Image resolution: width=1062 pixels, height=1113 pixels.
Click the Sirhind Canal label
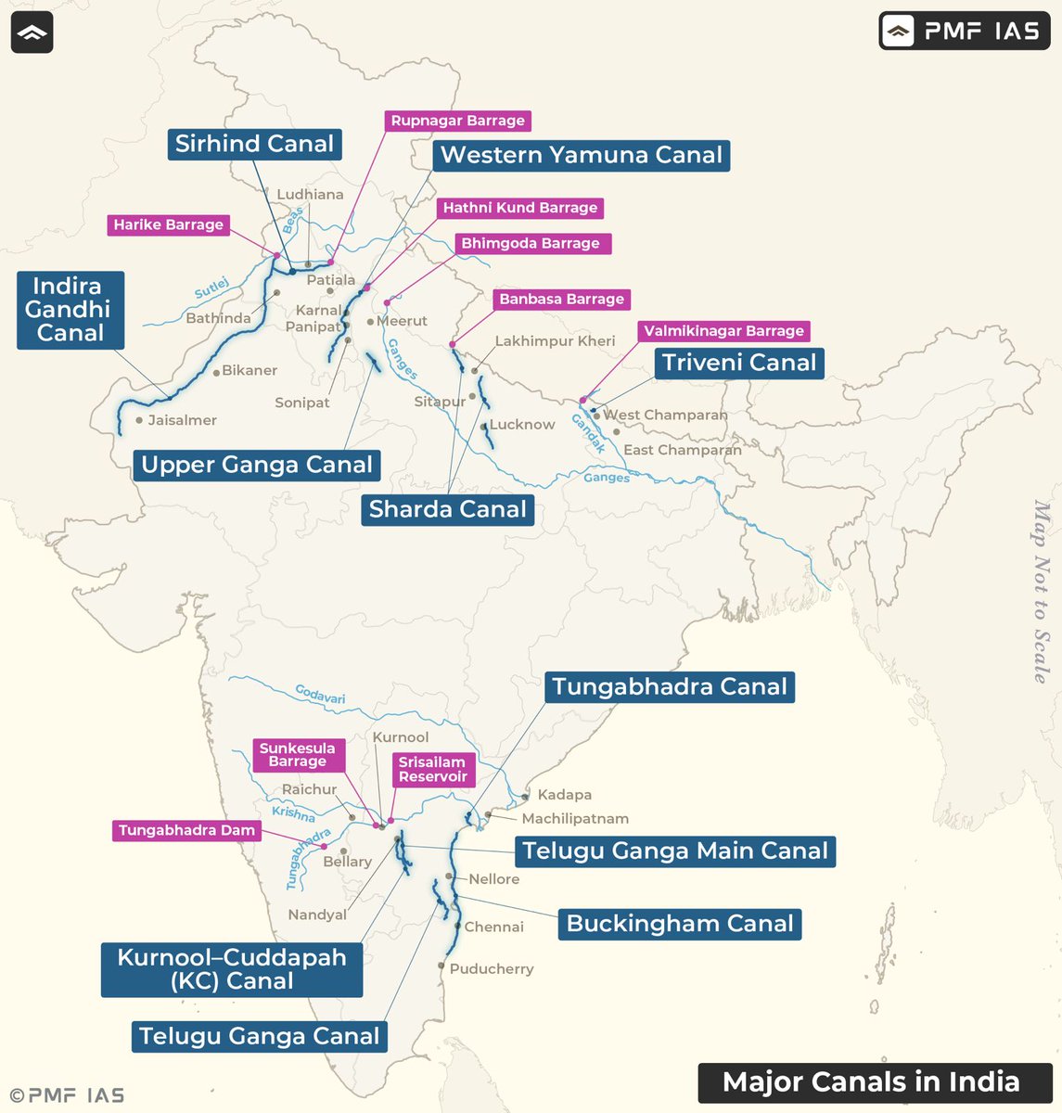(x=254, y=144)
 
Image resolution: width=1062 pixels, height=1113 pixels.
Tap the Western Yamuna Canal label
(x=581, y=155)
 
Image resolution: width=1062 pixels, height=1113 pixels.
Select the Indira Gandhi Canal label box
(x=70, y=310)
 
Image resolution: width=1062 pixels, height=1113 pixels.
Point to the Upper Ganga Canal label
(x=257, y=465)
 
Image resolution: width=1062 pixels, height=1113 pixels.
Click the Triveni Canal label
(x=739, y=363)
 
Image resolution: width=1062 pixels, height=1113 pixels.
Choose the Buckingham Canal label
(x=680, y=924)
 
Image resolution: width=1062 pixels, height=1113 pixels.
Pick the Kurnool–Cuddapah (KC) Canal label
(x=232, y=969)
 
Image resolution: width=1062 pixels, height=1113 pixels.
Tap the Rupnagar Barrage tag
(x=457, y=121)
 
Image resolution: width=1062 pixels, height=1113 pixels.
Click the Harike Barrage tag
(x=168, y=224)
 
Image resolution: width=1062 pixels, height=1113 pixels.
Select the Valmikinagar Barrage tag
(x=723, y=331)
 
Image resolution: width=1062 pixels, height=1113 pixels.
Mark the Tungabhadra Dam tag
(x=186, y=830)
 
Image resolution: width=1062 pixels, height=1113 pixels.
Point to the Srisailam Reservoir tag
(x=432, y=769)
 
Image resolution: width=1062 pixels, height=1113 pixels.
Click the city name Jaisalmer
(x=182, y=420)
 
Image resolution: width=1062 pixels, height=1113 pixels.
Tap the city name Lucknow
(x=522, y=425)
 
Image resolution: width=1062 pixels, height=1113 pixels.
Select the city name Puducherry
(x=492, y=968)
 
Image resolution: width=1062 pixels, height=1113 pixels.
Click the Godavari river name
(x=320, y=694)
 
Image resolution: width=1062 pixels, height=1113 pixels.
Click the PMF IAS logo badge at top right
(x=964, y=32)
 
